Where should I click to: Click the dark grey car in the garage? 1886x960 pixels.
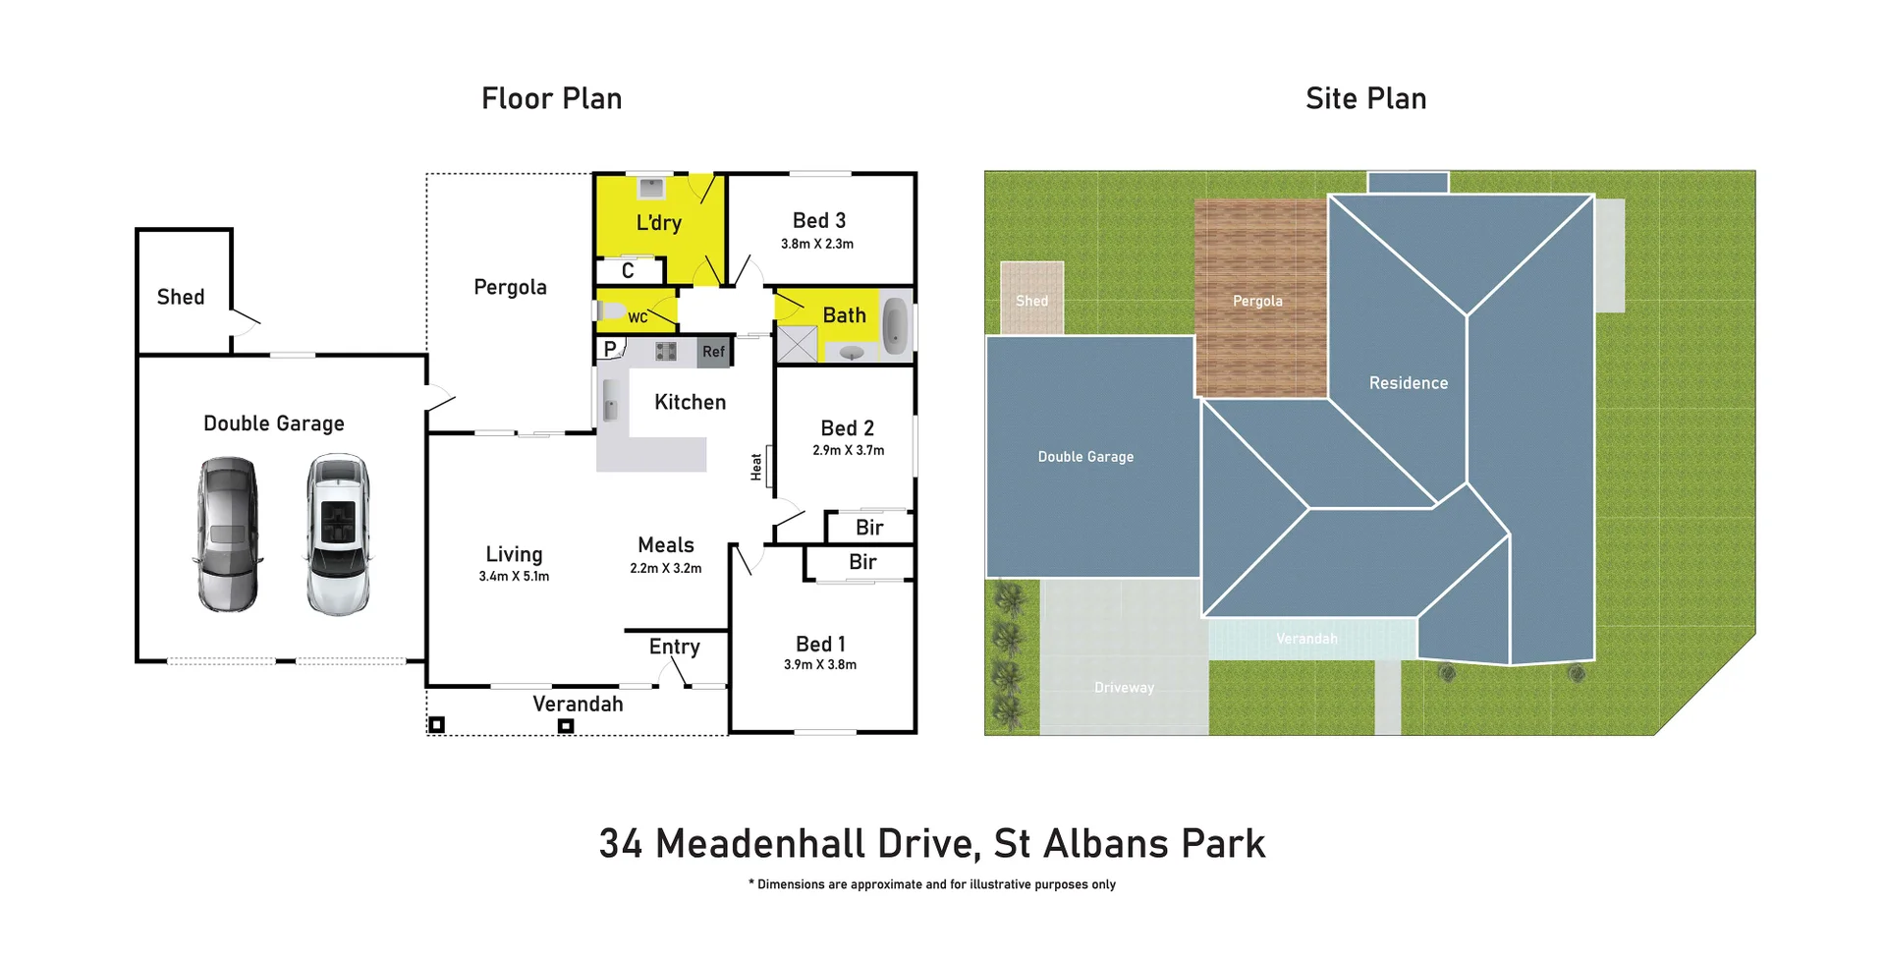tap(228, 534)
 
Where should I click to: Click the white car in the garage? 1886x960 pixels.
tap(338, 534)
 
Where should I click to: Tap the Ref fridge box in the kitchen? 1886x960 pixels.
tap(714, 352)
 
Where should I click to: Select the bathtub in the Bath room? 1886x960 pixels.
tap(895, 325)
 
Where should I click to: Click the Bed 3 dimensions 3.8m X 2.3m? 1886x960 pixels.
tap(817, 244)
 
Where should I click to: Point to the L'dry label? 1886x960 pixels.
tap(658, 223)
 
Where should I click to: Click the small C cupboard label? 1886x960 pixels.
tap(628, 270)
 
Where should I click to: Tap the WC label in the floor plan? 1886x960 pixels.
tap(638, 317)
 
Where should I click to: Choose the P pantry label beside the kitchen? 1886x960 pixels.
tap(610, 349)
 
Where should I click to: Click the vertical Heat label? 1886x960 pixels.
tap(756, 467)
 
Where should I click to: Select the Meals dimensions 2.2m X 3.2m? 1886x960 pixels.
tap(666, 568)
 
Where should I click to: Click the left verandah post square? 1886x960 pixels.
tap(437, 724)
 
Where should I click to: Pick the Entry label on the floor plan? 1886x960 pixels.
tap(674, 647)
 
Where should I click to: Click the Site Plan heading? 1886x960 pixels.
tap(1365, 98)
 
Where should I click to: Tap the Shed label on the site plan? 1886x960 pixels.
tap(1031, 301)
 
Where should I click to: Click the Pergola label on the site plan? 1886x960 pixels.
tap(1257, 301)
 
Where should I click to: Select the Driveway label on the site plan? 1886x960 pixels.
tap(1124, 688)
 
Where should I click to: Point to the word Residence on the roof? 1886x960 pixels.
tap(1408, 383)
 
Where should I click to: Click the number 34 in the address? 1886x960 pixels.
tap(621, 844)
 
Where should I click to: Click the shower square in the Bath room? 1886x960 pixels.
tap(798, 344)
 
